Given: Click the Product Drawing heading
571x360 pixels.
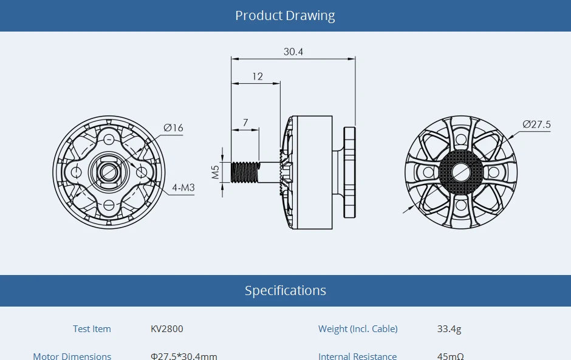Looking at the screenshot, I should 285,16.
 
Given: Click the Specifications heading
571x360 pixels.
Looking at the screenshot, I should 285,290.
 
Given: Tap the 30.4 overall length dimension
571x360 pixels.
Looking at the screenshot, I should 293,52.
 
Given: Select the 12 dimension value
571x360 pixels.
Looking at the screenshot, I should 258,76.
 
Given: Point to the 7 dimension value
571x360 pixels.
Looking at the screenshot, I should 245,123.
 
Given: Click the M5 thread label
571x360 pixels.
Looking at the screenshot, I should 215,172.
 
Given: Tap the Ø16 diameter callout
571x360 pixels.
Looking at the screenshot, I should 173,127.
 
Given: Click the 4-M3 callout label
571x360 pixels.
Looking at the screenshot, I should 183,188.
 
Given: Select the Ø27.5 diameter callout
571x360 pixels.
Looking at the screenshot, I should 536,124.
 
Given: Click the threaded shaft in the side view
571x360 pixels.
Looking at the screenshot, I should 245,172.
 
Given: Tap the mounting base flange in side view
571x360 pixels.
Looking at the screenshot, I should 350,172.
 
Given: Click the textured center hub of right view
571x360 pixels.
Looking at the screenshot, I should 460,172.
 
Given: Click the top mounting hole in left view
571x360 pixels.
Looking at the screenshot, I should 109,139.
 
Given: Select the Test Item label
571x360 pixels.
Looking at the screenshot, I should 92,329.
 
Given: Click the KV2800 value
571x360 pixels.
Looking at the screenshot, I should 166,329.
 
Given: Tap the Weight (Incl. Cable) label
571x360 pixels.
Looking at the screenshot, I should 358,329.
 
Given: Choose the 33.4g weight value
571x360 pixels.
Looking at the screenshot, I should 449,329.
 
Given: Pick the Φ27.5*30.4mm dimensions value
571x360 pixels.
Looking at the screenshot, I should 183,356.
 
